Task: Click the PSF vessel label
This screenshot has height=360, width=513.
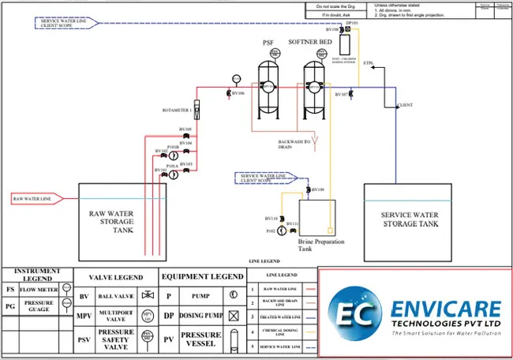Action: coord(268,43)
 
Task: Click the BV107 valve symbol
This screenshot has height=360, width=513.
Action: coord(351,94)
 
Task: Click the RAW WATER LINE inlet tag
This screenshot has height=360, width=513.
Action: coord(33,198)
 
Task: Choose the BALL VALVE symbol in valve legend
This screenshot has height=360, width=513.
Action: coord(145,295)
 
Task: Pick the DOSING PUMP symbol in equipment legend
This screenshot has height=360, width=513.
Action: coord(233,314)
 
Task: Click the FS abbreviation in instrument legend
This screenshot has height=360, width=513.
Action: coord(9,290)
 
